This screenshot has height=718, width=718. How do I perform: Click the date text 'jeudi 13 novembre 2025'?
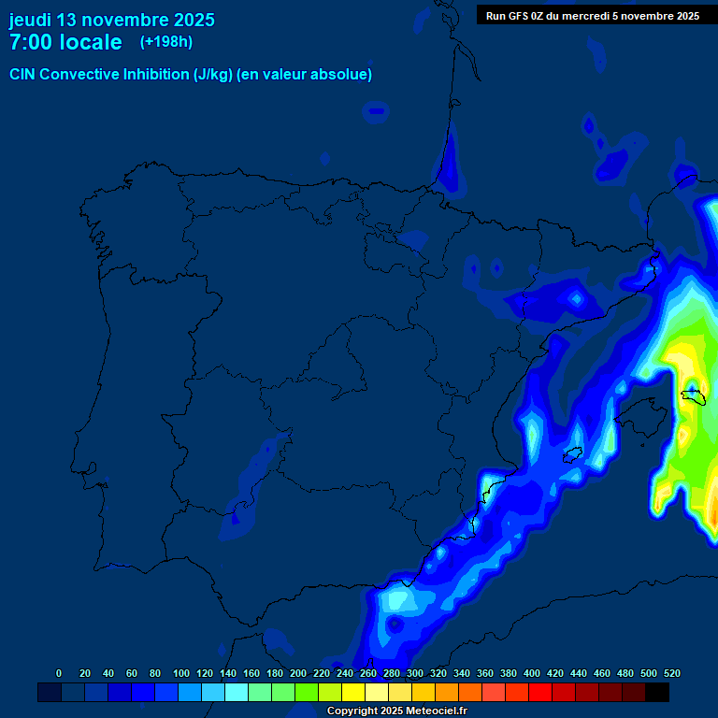111,20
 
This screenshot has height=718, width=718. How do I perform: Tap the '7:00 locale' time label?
65,42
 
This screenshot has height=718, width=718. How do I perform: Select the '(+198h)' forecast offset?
166,42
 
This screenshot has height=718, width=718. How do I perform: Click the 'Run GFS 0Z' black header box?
593,15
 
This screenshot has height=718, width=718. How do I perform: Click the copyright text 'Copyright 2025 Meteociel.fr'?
396,711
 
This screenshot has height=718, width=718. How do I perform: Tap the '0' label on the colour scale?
59,673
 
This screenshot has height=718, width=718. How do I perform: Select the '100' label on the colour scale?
181,673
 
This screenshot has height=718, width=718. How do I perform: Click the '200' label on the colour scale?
298,673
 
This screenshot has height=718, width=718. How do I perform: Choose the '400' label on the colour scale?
532,673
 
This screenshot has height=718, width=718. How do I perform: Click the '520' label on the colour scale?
671,673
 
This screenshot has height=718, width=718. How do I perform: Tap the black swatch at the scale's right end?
657,692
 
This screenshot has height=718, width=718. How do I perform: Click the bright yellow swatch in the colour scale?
353,692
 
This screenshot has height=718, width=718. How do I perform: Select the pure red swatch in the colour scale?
540,692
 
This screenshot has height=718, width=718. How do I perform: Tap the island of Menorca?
693,396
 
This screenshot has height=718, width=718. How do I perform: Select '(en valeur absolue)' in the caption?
305,75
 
